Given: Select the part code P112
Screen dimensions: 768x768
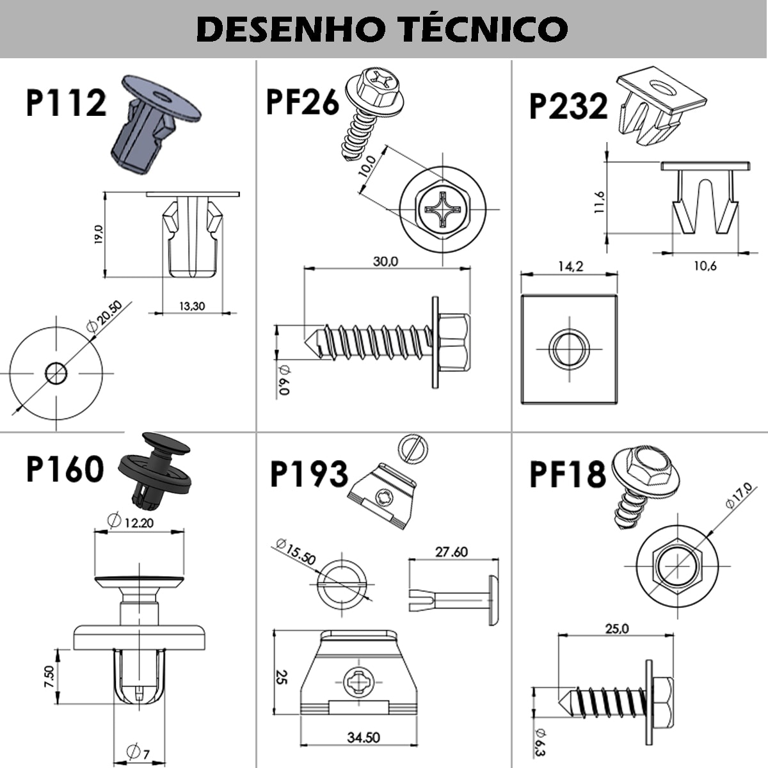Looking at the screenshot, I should pos(66,103).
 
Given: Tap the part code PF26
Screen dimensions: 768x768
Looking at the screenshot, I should pos(302,102).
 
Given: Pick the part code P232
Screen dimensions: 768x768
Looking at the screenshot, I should pos(568,106).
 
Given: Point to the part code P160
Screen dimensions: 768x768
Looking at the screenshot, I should pos(65,468).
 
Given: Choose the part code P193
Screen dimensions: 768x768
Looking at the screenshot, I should pos(309,474).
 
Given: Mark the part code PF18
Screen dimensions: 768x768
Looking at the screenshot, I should pos(567,474).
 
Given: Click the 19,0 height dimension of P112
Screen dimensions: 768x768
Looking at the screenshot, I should pos(98,234).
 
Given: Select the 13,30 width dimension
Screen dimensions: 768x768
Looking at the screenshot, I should pos(191,306).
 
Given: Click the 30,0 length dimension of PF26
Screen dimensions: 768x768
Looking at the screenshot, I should pos(385,261).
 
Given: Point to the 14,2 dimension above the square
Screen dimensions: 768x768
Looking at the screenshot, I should pos(570,266).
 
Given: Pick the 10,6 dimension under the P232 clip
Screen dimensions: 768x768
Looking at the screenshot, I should pos(705,266).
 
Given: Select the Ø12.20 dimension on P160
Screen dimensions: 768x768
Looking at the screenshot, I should pos(131,522).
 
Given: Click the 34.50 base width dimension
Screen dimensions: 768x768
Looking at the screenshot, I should pos(363,737).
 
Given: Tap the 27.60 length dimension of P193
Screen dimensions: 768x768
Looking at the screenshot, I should pos(451,552).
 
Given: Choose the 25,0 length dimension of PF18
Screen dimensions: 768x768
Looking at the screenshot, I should pos(617,628).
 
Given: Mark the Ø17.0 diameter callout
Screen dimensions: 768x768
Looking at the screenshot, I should pos(739,495).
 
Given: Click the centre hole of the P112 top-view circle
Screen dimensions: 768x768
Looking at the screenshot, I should pos(56,372).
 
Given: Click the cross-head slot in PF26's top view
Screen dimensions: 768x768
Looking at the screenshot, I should pos(442,209).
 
